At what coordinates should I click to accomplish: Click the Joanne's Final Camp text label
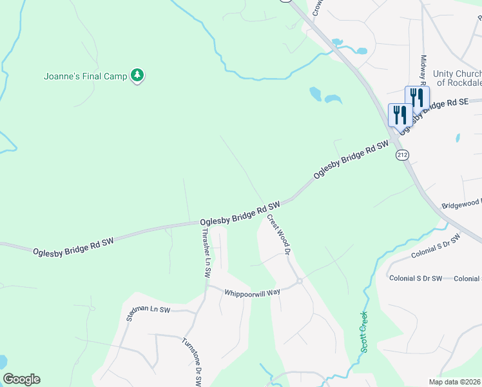[x=85, y=76]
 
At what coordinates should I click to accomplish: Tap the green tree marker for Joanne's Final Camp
[x=137, y=76]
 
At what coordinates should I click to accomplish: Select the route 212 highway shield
[x=403, y=155]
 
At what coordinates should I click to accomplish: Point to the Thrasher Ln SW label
[x=206, y=252]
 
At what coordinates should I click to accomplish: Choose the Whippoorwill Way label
[x=252, y=292]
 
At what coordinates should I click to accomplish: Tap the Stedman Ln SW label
[x=148, y=313]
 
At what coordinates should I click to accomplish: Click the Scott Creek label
[x=364, y=332]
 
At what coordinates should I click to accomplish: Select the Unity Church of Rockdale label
[x=457, y=78]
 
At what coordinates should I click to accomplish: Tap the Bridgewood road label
[x=461, y=204]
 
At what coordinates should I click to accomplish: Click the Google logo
[x=21, y=379]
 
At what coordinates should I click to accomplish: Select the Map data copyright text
[x=455, y=382]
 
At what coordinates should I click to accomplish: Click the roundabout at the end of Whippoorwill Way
[x=300, y=281]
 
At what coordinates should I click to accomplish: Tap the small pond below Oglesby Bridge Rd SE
[x=457, y=137]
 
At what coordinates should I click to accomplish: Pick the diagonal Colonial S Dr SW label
[x=436, y=248]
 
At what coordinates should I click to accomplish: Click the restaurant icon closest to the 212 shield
[x=400, y=115]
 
